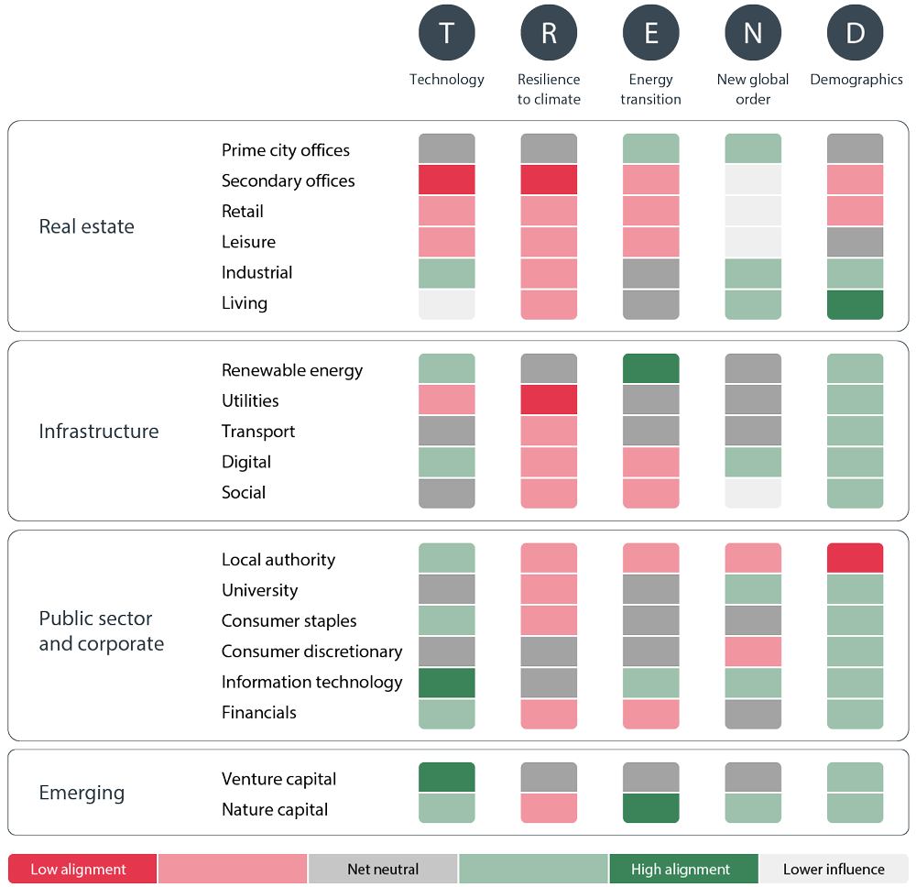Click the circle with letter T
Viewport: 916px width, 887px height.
tap(446, 33)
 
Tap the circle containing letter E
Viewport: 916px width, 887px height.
tap(650, 33)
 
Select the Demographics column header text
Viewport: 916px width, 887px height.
tap(856, 80)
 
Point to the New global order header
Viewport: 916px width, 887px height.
tap(753, 89)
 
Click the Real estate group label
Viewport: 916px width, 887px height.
tap(86, 226)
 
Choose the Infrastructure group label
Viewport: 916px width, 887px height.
tap(98, 431)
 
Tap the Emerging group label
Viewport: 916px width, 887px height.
tap(82, 793)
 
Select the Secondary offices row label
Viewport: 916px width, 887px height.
tap(288, 181)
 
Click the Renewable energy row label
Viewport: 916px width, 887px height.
tap(292, 370)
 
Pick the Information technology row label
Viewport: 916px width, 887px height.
tap(311, 682)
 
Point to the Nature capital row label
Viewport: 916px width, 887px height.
tap(275, 809)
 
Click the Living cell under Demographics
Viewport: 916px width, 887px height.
tap(856, 304)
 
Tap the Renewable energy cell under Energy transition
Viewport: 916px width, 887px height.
tap(650, 368)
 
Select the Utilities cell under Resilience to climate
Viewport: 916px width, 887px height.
tap(549, 400)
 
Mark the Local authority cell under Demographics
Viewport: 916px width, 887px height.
tap(856, 558)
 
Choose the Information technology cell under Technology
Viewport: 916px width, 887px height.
tap(447, 683)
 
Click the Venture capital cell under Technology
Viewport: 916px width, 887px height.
tap(447, 777)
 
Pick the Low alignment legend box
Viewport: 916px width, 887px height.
tap(82, 869)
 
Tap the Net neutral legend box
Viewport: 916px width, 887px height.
tap(383, 869)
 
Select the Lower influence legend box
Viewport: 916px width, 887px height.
tap(834, 869)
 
